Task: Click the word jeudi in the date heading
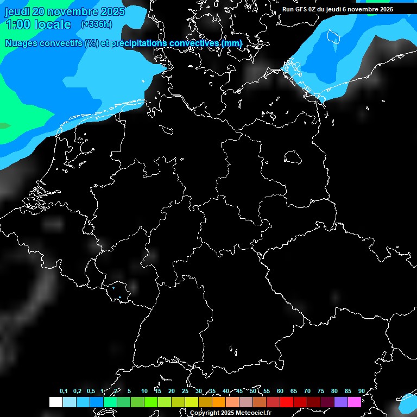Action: coord(17,11)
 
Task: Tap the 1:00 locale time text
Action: coord(38,24)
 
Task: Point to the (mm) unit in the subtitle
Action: coord(231,43)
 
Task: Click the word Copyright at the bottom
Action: coord(205,413)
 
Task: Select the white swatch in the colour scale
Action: coord(55,402)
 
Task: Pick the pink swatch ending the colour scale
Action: coord(355,402)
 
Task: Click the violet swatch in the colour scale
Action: coord(341,402)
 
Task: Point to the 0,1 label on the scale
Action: coord(64,391)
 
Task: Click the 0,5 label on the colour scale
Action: coord(91,391)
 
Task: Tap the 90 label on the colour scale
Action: coord(361,391)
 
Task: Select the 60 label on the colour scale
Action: coord(280,391)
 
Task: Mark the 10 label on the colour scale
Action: coord(144,391)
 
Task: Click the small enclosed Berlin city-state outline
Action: coord(293,157)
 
